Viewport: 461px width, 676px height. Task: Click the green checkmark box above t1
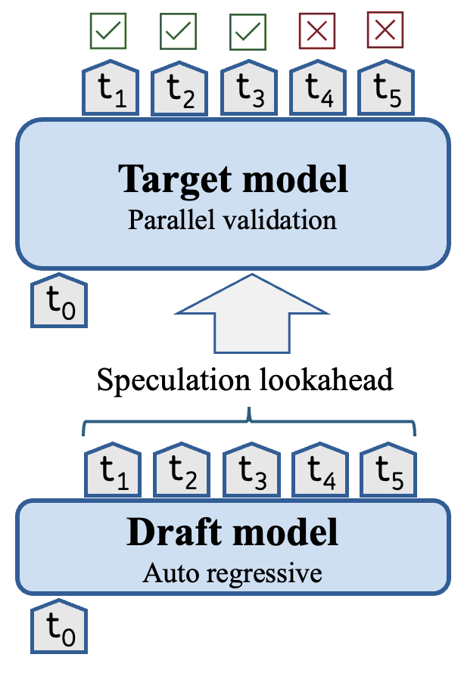coord(108,31)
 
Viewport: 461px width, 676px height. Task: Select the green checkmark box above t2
coord(179,31)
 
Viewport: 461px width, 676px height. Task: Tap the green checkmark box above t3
coord(248,31)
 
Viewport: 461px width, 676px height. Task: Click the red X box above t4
coord(316,31)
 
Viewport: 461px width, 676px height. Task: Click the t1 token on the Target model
coord(108,91)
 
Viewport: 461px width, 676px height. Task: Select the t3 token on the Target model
coord(248,91)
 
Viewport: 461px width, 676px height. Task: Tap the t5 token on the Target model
coord(385,91)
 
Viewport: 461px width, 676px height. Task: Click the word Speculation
coord(179,380)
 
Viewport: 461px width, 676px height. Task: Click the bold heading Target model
coord(232,179)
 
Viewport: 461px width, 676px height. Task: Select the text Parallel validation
coord(232,220)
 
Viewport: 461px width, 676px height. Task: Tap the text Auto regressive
coord(232,572)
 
